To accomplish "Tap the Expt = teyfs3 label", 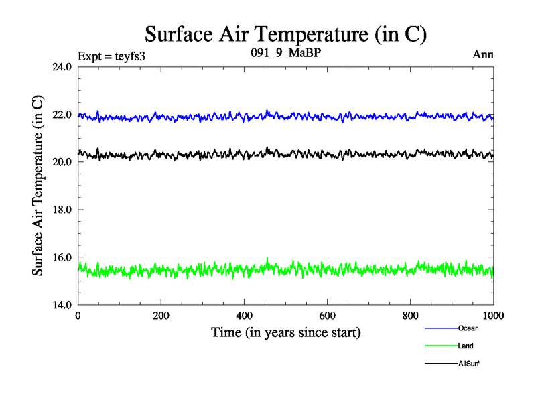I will coord(112,56).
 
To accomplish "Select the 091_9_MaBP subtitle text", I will coord(286,53).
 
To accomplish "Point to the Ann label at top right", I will coord(483,54).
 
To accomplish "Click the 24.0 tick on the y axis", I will coord(62,67).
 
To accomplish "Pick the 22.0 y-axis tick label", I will coord(62,115).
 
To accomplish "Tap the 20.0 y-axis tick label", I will coord(62,162).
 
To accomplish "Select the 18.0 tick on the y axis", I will coord(62,210).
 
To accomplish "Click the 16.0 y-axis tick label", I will coord(62,257).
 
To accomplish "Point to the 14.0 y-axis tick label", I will coord(62,305).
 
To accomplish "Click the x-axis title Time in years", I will coord(286,332).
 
